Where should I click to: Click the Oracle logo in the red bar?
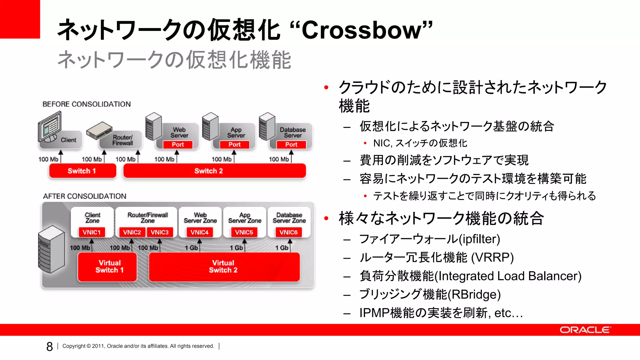[585, 330]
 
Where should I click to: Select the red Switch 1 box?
[82, 171]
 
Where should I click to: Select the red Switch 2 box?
[214, 171]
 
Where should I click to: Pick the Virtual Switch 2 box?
[224, 267]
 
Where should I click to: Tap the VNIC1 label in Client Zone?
[92, 232]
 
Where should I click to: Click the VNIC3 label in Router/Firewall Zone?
[160, 232]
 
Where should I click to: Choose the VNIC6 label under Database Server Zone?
[288, 232]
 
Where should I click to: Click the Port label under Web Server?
[178, 144]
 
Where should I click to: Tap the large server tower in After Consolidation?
[51, 249]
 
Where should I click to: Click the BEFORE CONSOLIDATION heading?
[87, 104]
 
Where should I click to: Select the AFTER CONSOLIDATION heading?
[85, 196]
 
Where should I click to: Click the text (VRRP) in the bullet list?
[492, 257]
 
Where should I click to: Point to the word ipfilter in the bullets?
[479, 239]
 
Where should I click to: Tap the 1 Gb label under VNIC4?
[191, 248]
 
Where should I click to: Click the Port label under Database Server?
[291, 144]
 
